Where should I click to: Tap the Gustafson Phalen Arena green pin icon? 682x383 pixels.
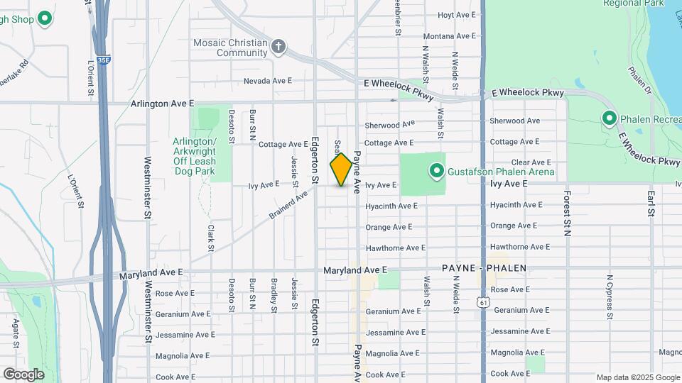pos(435,172)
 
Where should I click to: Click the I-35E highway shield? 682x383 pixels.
pos(104,61)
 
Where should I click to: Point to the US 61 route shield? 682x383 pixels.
pos(484,302)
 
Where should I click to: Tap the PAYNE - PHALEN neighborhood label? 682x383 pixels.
pos(484,269)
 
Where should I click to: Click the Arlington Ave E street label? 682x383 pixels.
pos(162,104)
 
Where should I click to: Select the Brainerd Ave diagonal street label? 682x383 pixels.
pos(288,203)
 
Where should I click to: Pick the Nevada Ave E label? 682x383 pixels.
pos(268,81)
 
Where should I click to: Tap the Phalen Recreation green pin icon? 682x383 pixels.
pos(609,118)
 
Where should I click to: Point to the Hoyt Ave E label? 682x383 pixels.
pos(456,15)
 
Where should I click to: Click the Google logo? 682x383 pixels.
pos(23,374)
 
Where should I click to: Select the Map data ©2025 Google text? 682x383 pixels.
pos(637,377)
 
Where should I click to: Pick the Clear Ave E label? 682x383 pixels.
pos(531,162)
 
